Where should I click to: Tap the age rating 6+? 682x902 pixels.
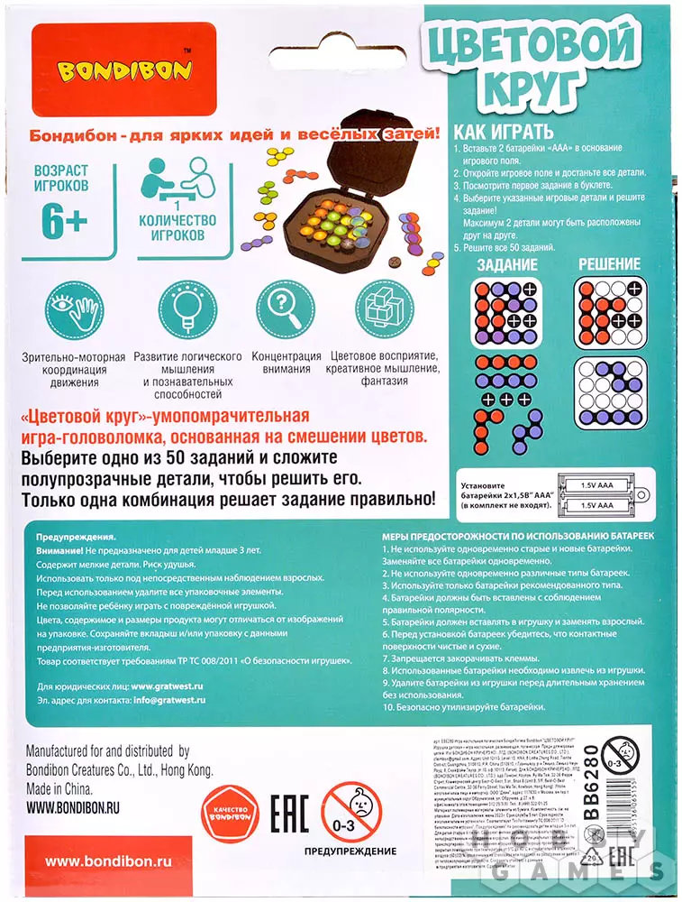(x=65, y=221)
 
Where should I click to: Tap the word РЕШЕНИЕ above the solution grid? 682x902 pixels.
(x=609, y=265)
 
